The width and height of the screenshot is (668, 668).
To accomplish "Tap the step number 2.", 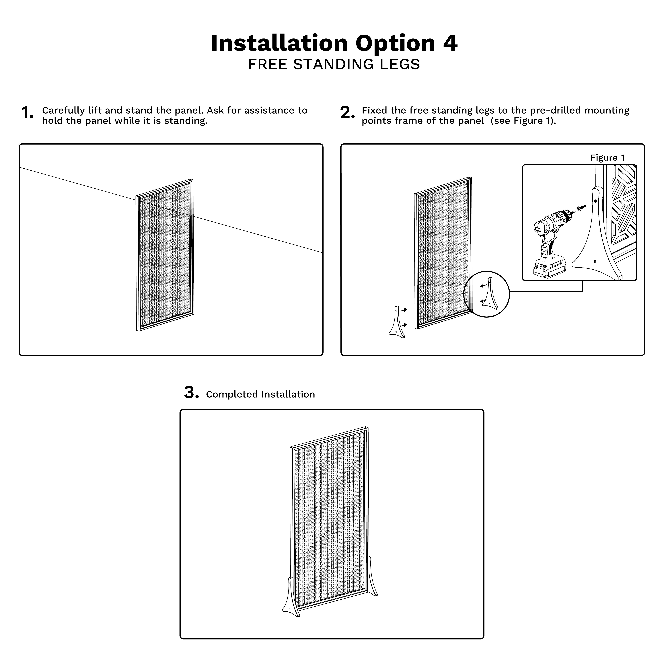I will click(x=347, y=113).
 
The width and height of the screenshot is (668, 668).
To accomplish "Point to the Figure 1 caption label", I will click(x=607, y=158).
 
